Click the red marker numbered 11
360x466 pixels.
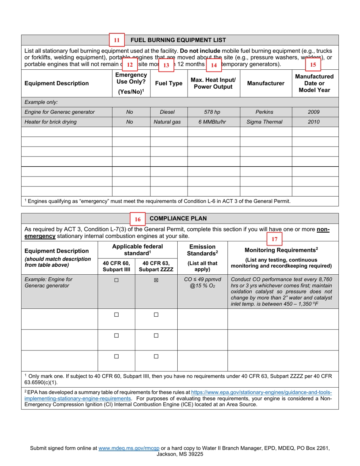point(117,40)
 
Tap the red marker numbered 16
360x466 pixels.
point(138,219)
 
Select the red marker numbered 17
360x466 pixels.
point(275,239)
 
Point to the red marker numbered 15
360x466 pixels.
point(313,64)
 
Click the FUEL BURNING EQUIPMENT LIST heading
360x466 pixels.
point(178,40)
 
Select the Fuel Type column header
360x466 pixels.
point(169,83)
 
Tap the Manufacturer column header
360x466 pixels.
point(266,83)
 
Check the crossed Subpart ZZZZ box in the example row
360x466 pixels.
point(156,280)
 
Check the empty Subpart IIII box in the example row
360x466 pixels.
point(116,280)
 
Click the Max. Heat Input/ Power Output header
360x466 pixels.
point(213,83)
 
